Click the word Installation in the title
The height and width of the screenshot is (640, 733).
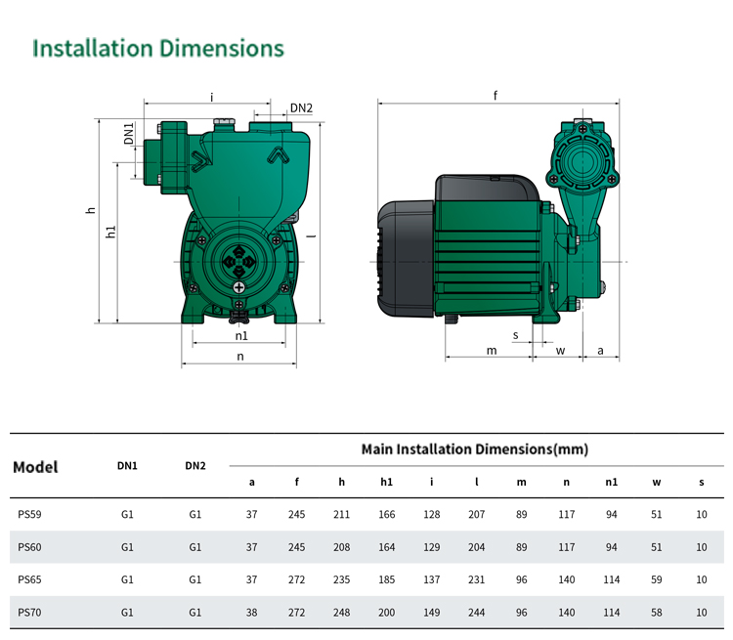click(93, 48)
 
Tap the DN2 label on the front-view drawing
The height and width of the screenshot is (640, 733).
click(301, 108)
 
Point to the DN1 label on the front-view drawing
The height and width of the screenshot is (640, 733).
click(129, 133)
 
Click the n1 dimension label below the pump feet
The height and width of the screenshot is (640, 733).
click(241, 336)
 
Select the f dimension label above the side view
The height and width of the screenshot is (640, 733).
click(496, 96)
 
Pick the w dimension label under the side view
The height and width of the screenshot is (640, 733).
click(561, 351)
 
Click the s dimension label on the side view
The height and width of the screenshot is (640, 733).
click(516, 335)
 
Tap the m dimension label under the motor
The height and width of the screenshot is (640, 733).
click(492, 351)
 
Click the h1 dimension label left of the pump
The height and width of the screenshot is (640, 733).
click(110, 232)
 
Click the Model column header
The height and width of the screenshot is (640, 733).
click(35, 467)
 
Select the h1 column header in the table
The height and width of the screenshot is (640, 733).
click(387, 482)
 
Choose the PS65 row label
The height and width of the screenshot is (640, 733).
click(29, 579)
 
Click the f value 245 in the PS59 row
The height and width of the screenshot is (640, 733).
click(296, 514)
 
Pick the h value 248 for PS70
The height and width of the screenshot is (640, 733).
click(342, 613)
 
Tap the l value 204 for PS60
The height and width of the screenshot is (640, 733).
click(476, 547)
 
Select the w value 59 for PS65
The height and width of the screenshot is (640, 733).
click(657, 579)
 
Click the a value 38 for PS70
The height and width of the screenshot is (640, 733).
click(251, 613)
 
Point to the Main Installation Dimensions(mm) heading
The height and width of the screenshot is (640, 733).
click(474, 449)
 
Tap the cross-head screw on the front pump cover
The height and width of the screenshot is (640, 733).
click(238, 287)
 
